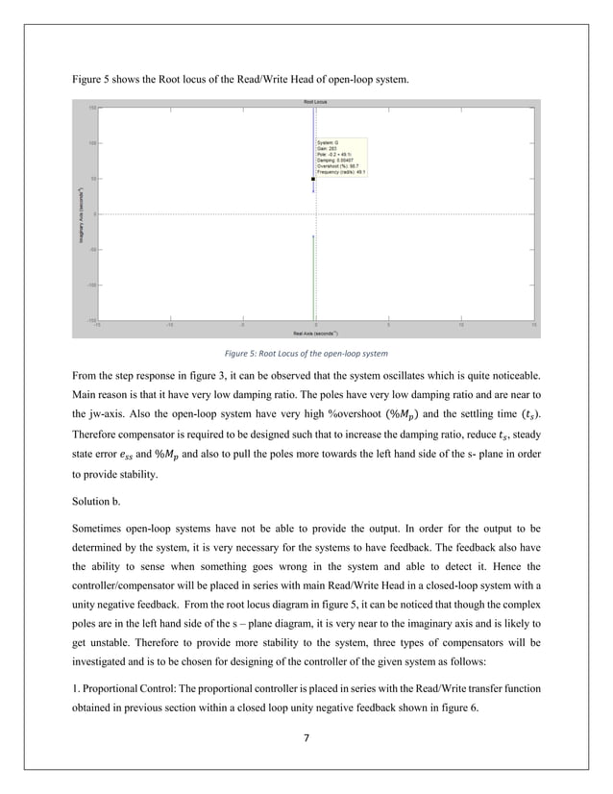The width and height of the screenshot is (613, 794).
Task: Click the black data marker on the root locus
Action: pos(313,179)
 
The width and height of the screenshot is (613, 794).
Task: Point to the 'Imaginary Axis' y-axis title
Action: pos(84,213)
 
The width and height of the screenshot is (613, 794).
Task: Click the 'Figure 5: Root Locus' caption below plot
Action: pos(306,354)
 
